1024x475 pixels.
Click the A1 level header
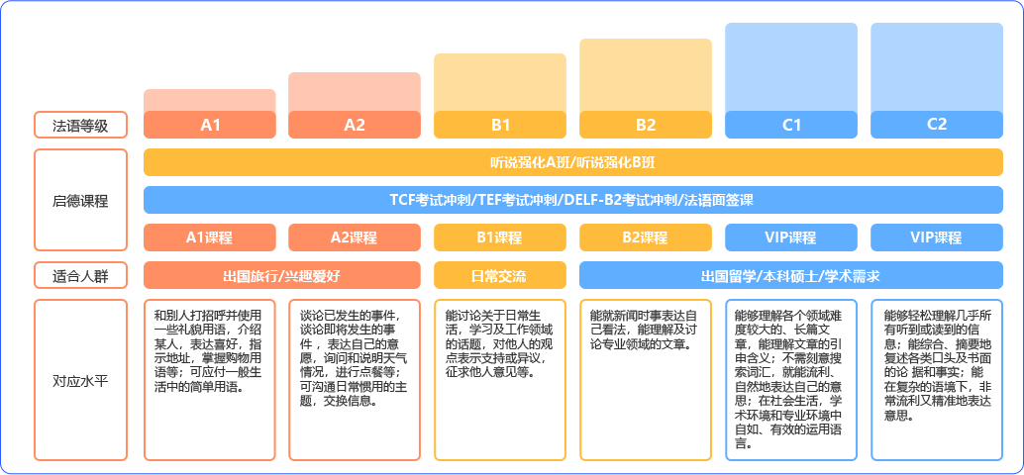coord(210,125)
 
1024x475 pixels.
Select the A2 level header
coord(355,125)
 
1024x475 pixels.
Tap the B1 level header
coord(500,125)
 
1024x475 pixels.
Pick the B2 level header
coord(646,125)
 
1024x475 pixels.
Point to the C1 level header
coord(791,125)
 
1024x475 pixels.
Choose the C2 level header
coord(937,125)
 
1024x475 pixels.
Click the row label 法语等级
coord(80,126)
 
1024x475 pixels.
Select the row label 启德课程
coord(80,200)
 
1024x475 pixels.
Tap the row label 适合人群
coord(80,275)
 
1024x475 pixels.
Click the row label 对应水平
coord(80,380)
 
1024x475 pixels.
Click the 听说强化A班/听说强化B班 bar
coord(573,162)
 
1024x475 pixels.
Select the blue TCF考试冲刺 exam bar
coord(573,200)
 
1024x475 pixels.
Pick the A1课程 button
coord(210,237)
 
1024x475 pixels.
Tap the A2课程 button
coord(355,237)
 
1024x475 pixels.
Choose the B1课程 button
coord(500,237)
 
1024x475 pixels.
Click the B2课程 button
coord(646,237)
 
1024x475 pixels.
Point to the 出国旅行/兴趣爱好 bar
coord(282,275)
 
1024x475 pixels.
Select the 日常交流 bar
coord(500,275)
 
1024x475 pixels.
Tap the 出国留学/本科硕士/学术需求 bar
coord(791,275)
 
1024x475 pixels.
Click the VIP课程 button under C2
coord(937,237)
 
